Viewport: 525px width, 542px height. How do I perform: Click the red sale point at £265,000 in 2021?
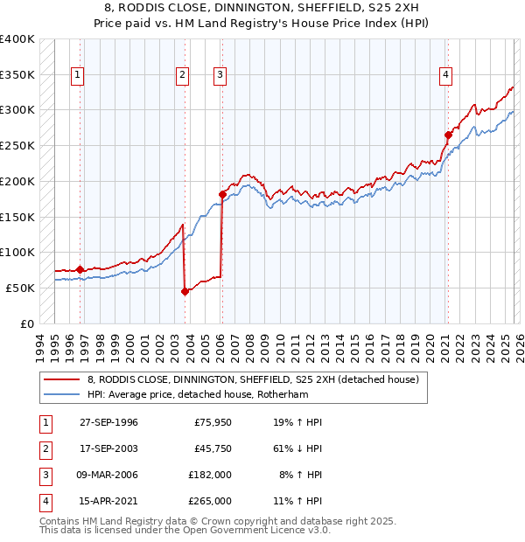tap(448, 135)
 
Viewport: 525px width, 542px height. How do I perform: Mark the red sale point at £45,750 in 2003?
tap(185, 291)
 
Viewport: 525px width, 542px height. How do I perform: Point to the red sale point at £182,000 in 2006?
tap(222, 194)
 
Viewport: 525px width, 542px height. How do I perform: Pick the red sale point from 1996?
tap(80, 269)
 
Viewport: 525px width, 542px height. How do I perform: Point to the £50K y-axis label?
tap(21, 288)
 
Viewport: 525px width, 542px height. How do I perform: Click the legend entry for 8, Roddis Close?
tap(254, 379)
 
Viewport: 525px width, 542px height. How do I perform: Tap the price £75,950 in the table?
tap(213, 422)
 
